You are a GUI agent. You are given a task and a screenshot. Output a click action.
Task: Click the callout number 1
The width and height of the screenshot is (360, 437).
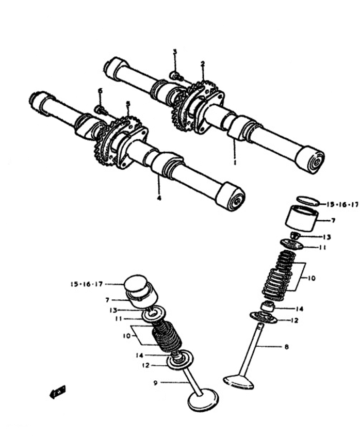[235, 162]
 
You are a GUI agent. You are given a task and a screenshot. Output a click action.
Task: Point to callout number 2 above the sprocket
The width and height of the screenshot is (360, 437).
[203, 63]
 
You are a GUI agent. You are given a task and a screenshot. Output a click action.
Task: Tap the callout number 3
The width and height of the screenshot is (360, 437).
[174, 52]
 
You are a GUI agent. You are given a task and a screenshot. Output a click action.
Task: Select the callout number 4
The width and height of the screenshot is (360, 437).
[159, 198]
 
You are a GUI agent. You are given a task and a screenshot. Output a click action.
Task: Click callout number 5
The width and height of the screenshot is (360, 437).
[128, 103]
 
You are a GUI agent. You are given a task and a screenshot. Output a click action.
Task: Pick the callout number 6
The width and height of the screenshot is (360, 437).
[100, 91]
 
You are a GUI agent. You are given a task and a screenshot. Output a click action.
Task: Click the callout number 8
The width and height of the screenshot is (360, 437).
[286, 347]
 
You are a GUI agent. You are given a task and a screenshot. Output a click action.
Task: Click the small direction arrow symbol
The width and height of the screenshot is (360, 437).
[57, 393]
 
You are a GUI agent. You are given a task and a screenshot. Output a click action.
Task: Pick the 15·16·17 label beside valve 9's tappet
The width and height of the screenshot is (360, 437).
[87, 284]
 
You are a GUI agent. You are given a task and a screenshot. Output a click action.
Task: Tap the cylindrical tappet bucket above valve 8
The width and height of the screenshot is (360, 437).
[303, 220]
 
